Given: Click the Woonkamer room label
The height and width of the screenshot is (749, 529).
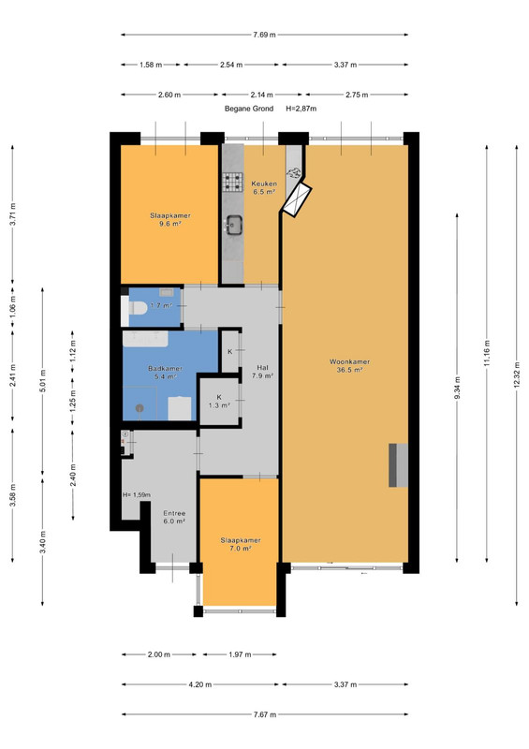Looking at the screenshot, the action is click(x=349, y=361).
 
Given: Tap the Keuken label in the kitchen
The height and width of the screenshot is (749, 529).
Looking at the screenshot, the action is click(x=264, y=184).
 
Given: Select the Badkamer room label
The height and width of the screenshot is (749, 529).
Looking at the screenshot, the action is click(x=165, y=368).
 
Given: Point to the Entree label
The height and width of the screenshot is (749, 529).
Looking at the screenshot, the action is click(x=174, y=513).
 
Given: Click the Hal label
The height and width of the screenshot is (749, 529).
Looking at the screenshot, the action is click(x=262, y=367).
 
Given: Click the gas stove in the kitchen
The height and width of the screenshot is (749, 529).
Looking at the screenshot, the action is click(x=233, y=182).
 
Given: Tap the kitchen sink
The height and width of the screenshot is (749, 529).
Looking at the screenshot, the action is click(x=234, y=225).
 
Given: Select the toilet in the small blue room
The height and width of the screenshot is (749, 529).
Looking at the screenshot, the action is click(x=134, y=308).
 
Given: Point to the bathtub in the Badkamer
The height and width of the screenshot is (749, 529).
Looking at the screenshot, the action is click(x=145, y=339).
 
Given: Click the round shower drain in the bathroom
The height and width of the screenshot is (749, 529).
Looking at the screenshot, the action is click(x=140, y=408).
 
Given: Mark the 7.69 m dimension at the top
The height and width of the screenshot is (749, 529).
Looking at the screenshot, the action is click(x=264, y=35).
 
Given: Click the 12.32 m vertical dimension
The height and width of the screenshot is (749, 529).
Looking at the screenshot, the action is click(x=517, y=375).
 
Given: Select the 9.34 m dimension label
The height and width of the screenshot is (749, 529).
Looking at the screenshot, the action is click(x=457, y=388).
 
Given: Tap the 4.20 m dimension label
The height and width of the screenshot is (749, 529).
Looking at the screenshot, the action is click(x=199, y=684).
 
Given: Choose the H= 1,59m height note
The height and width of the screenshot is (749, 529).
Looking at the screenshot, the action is click(x=137, y=495).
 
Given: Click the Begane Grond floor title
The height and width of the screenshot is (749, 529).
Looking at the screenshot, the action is click(x=249, y=109).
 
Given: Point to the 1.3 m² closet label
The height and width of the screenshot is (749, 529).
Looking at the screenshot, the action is click(x=219, y=405).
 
